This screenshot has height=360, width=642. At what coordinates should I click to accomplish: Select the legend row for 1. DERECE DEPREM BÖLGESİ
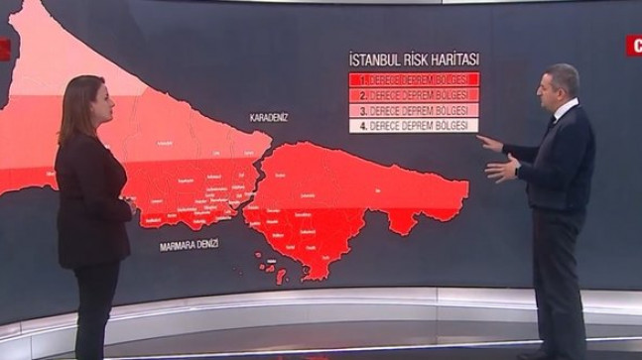(414, 79)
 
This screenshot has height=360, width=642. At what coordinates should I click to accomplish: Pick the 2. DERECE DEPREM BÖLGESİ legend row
(414, 95)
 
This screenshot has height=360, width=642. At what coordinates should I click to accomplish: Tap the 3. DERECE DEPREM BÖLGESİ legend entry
(414, 111)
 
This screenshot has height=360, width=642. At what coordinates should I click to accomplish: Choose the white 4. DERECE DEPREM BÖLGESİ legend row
(414, 127)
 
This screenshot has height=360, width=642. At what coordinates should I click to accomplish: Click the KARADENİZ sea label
(269, 117)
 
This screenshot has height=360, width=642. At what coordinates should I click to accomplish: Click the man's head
(557, 87)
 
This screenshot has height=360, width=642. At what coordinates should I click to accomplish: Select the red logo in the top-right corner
(633, 45)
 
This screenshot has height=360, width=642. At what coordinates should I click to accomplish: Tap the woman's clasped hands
(130, 205)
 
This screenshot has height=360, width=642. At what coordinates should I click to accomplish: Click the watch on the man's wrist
(517, 171)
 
